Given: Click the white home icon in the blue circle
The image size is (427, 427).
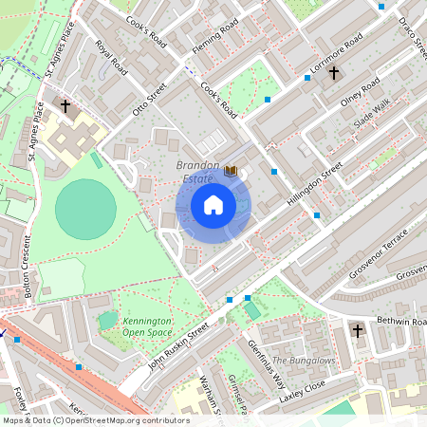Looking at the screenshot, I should (x=213, y=205).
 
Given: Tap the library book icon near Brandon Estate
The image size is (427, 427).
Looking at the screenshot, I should (x=231, y=171).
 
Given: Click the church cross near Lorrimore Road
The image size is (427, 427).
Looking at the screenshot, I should (x=333, y=72).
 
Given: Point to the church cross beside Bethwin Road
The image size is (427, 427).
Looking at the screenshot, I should (x=358, y=330).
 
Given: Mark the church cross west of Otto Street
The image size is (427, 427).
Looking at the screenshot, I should (x=65, y=106).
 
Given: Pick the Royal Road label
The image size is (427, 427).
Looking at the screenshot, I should (x=110, y=57).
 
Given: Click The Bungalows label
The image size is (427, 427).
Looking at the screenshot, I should (x=304, y=361).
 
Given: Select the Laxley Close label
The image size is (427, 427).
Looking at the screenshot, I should (x=302, y=390).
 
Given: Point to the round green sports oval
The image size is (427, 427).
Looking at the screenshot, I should (x=85, y=210).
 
